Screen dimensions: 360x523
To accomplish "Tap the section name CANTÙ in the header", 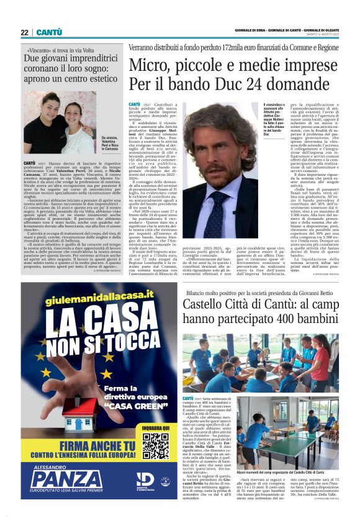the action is pos(48,32).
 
